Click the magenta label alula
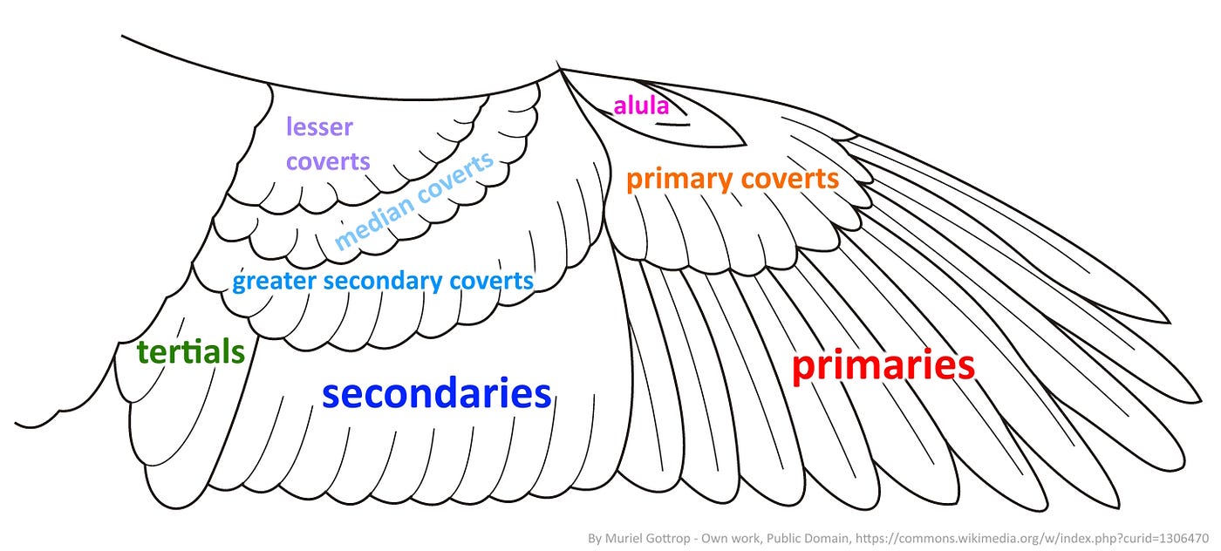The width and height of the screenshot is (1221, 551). click(641, 105)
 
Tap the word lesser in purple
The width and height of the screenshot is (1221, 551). click(319, 127)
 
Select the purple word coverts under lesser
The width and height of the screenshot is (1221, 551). click(328, 162)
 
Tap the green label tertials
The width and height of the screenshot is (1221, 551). click(191, 353)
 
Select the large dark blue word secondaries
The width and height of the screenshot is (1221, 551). click(436, 394)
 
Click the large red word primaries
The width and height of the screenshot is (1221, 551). click(883, 366)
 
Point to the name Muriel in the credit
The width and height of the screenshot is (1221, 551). click(624, 539)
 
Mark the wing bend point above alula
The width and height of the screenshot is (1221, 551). click(559, 67)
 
